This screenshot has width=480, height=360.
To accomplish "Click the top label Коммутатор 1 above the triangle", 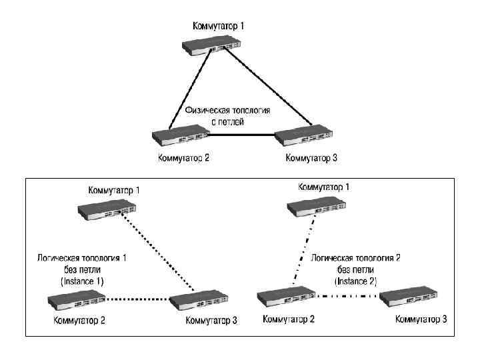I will pyautogui.click(x=219, y=26).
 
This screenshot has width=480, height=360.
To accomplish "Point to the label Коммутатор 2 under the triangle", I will pyautogui.click(x=184, y=158).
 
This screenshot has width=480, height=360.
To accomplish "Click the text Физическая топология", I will pyautogui.click(x=227, y=110).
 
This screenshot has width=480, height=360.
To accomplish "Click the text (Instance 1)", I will pyautogui.click(x=83, y=281).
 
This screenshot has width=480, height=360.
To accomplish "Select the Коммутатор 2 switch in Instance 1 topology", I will pyautogui.click(x=75, y=302).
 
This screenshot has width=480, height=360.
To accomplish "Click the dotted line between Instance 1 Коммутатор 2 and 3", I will pyautogui.click(x=137, y=298).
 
